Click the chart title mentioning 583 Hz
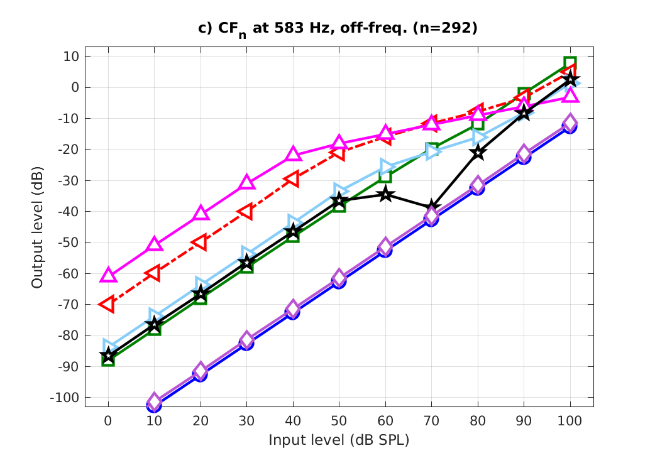click(x=339, y=29)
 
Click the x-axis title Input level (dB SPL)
click(x=339, y=440)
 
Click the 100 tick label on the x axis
click(x=570, y=420)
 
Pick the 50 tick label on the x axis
click(x=339, y=420)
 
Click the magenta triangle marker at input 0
click(x=108, y=275)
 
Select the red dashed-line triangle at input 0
click(x=107, y=304)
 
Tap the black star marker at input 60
click(x=385, y=195)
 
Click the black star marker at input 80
click(x=478, y=152)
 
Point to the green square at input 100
click(x=570, y=63)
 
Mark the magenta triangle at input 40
click(x=293, y=154)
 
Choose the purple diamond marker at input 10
click(x=154, y=401)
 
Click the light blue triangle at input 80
click(x=479, y=137)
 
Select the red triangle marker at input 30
click(x=246, y=212)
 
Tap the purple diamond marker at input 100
click(x=570, y=122)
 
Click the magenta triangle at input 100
click(x=570, y=95)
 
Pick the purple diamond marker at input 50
click(x=339, y=277)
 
